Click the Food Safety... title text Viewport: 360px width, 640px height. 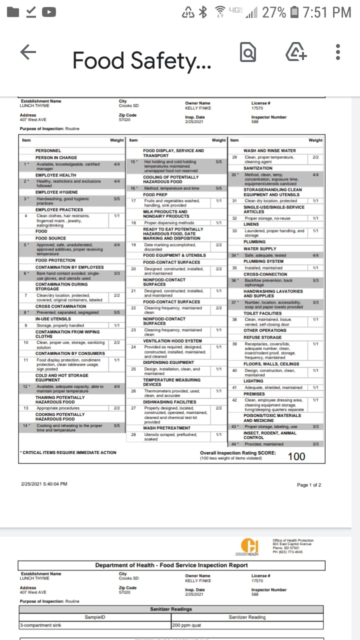141,61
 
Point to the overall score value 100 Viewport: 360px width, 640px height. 296,456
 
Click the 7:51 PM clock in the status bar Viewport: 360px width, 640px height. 327,12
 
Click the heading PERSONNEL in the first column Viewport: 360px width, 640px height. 48,150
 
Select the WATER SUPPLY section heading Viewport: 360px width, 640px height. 259,248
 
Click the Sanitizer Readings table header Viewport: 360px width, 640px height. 171,609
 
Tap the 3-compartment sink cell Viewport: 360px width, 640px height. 40,625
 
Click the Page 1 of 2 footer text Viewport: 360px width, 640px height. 309,485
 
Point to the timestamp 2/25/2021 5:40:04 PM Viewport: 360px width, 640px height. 44,484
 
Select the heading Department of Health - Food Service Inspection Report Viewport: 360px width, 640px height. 171,565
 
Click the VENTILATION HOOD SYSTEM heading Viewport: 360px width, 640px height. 172,341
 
